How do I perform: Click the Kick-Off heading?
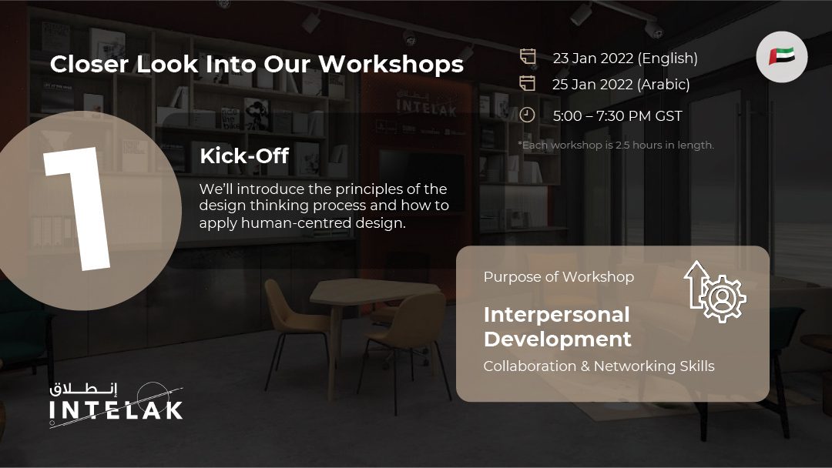pos(244,155)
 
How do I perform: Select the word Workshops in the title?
pos(391,64)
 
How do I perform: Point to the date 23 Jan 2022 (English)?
pos(625,58)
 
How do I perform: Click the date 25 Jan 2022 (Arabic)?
pos(621,84)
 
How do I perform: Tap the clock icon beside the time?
pos(527,115)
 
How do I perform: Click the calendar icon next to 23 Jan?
pos(528,57)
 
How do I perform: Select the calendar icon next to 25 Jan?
pos(528,83)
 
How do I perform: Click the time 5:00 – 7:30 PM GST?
pos(617,116)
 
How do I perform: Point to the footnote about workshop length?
pos(616,145)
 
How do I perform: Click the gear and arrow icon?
pos(715,292)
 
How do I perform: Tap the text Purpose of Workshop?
pos(559,276)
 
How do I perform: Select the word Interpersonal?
pos(557,315)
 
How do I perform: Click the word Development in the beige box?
pos(558,339)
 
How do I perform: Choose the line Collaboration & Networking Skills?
pos(599,366)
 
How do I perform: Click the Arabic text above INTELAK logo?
pos(83,389)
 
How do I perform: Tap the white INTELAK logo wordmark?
pos(116,410)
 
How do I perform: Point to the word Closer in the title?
pos(89,64)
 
